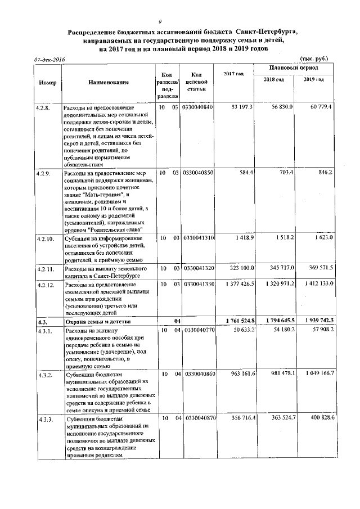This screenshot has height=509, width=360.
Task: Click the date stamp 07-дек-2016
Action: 49,59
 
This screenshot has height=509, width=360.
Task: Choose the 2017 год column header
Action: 233,74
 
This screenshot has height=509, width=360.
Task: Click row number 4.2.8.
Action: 43,107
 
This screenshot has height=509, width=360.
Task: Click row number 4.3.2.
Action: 43,373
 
